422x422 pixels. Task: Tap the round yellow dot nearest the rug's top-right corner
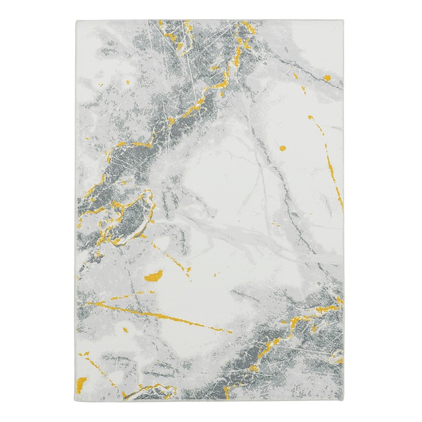click(x=328, y=77)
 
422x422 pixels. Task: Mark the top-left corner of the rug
click(x=77, y=21)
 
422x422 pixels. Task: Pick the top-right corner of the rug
click(x=343, y=21)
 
